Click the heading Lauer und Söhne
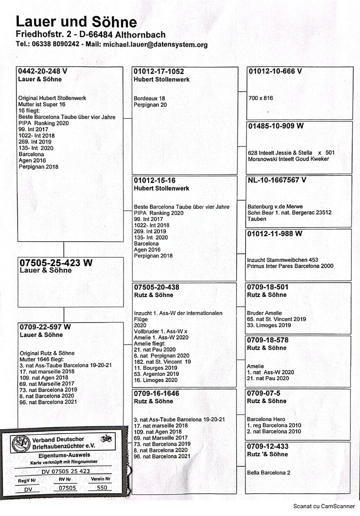(x=76, y=21)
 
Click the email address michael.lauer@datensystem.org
(x=155, y=45)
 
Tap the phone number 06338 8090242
(x=57, y=45)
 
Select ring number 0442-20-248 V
(x=42, y=71)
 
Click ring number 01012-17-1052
(x=159, y=72)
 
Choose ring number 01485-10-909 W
(x=275, y=125)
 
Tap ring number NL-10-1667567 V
(x=277, y=180)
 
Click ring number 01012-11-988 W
(x=275, y=234)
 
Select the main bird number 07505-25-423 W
(x=56, y=263)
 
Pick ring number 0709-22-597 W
(x=46, y=326)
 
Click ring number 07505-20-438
(x=157, y=287)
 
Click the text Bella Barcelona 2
(x=268, y=473)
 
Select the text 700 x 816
(x=261, y=98)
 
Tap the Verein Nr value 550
(x=102, y=487)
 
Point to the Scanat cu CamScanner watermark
(x=324, y=506)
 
